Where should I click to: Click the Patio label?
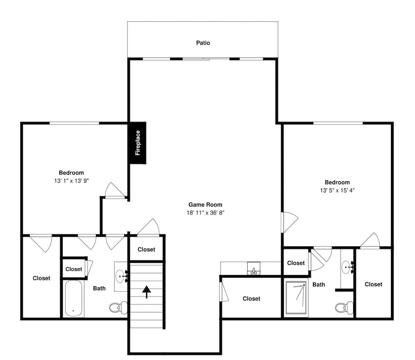[203, 43]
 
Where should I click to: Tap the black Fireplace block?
[138, 143]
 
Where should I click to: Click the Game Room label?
[205, 204]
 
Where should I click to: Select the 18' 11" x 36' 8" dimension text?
[205, 213]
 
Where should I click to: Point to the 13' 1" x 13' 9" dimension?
[71, 181]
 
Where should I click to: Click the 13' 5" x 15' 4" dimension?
[337, 190]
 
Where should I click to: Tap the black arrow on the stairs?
[146, 292]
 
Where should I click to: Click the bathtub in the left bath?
[73, 298]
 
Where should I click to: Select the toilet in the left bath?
[118, 308]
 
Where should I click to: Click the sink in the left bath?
[122, 276]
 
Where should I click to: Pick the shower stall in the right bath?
[296, 298]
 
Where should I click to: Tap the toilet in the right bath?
[344, 308]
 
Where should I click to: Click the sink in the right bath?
[347, 267]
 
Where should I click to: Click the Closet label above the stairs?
[146, 249]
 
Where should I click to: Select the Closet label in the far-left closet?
[41, 278]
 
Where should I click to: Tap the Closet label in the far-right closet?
[373, 285]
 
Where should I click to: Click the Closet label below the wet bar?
[251, 299]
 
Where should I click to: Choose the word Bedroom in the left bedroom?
[71, 173]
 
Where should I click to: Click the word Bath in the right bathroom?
[319, 285]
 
